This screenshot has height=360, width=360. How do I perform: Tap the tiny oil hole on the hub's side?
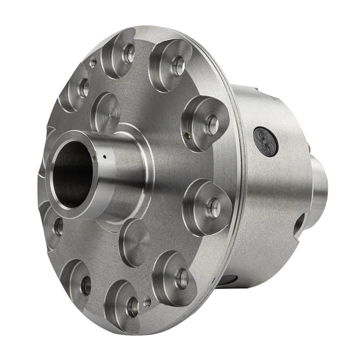point(105,156)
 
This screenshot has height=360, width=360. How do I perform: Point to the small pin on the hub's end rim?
point(93,157)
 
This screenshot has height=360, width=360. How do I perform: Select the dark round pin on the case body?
point(265,142)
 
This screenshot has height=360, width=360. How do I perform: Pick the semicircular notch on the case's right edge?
point(299,226)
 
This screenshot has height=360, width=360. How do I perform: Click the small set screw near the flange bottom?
point(147,303)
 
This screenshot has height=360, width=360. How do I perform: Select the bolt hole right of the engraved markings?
point(213,208)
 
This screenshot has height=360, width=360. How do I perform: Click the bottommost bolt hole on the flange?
point(132,306)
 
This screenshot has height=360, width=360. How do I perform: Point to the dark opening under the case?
point(230,281)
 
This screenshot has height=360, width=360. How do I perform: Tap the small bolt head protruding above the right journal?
point(308,146)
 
